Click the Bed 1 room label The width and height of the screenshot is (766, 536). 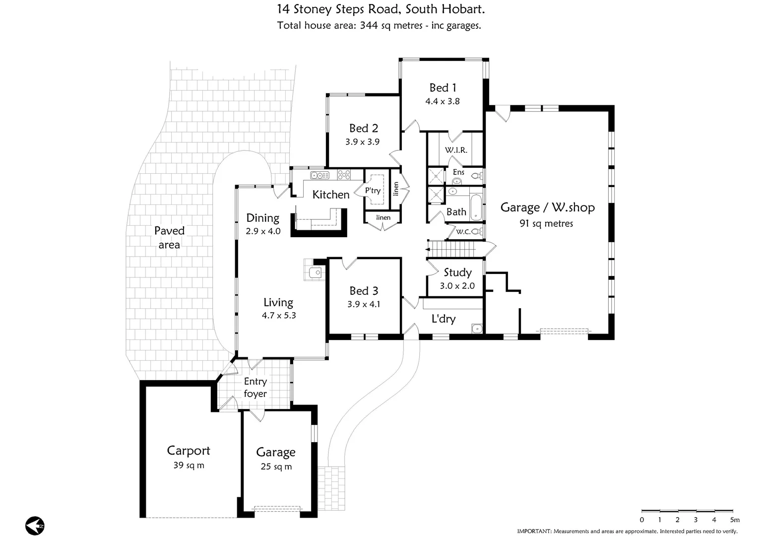[443, 88]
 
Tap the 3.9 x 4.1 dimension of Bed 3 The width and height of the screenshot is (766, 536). [364, 304]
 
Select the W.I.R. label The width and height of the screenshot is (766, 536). [455, 150]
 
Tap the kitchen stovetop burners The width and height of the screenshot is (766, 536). [344, 175]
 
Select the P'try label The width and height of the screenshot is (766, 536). [373, 191]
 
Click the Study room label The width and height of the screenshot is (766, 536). [457, 272]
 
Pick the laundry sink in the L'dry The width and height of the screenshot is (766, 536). [477, 328]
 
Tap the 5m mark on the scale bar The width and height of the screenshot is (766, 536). [734, 520]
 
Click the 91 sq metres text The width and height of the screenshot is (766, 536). [546, 224]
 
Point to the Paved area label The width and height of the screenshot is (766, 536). [169, 237]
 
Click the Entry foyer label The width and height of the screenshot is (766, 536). [255, 388]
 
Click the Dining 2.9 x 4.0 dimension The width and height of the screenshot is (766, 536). [263, 231]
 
